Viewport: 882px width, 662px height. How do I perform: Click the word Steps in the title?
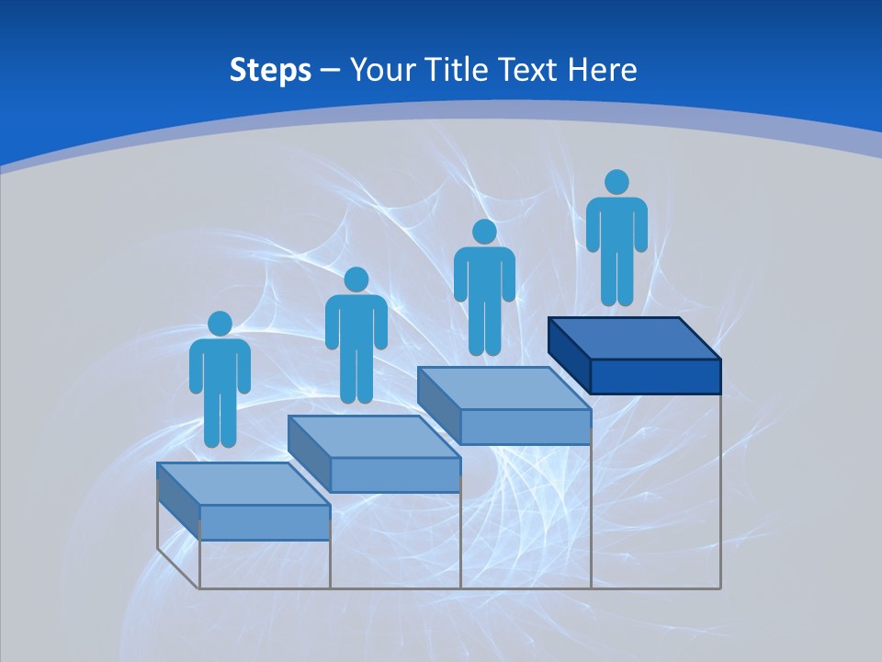click(x=270, y=70)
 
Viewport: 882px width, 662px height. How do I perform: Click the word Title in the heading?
click(x=458, y=70)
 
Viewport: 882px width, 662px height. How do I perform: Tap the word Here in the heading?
click(x=602, y=70)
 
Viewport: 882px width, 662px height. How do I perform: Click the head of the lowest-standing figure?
click(x=220, y=324)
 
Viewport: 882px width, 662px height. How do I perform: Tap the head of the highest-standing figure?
click(x=616, y=182)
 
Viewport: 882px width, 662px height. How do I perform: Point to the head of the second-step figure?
click(x=356, y=280)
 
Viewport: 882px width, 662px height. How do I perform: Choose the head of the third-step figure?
click(x=484, y=232)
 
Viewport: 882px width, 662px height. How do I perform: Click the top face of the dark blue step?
click(x=634, y=338)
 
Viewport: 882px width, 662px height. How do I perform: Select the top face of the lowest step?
click(x=243, y=484)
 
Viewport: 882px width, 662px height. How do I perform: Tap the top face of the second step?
click(x=373, y=436)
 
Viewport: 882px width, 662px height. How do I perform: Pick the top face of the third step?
click(x=503, y=388)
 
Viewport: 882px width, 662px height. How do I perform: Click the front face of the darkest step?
click(x=655, y=376)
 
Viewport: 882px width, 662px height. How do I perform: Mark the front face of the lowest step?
click(x=265, y=522)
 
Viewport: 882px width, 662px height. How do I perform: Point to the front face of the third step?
click(x=525, y=427)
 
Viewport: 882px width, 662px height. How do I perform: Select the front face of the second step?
click(x=395, y=474)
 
